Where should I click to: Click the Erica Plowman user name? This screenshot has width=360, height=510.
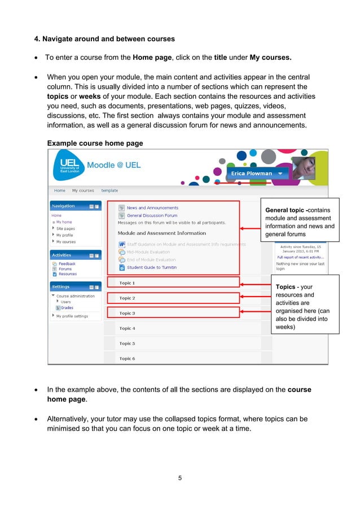click(251, 173)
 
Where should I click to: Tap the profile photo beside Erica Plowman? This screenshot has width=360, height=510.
click(303, 169)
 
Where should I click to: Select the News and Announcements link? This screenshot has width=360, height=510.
click(152, 208)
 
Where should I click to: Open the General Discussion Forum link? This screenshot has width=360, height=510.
click(152, 215)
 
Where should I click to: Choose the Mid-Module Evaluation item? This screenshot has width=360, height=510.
click(148, 252)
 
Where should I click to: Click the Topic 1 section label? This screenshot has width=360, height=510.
click(127, 283)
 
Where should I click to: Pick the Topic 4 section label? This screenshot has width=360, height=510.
click(127, 328)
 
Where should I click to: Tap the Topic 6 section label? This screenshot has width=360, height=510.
click(127, 359)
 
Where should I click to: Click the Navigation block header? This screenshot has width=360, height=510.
click(64, 206)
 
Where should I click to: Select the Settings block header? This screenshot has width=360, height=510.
click(61, 287)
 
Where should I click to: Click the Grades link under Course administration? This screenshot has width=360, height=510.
click(67, 308)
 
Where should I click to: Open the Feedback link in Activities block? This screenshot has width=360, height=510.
click(67, 264)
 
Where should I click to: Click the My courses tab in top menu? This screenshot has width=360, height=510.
click(83, 191)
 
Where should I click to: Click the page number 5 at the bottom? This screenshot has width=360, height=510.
click(179, 478)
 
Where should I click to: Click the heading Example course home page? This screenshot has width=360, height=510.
click(95, 143)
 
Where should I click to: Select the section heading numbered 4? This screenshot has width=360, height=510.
click(104, 39)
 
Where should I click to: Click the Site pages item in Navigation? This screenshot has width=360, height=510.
click(65, 229)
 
